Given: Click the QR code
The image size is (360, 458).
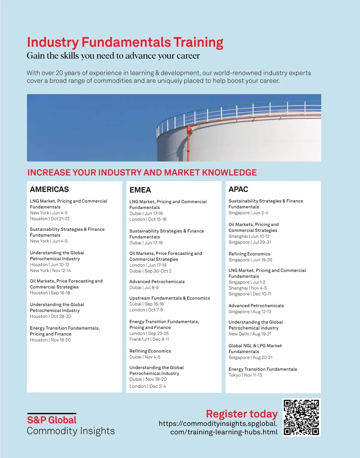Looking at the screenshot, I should [301, 417].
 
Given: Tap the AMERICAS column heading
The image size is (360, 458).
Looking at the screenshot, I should [49, 189].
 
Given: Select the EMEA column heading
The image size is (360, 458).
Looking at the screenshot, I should [140, 190].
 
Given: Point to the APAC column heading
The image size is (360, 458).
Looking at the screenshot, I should [238, 189].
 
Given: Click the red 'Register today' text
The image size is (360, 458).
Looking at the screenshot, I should [241, 414].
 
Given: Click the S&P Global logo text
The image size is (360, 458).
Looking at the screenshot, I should [52, 420].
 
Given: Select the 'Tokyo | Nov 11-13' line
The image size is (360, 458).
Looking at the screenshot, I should [245, 375].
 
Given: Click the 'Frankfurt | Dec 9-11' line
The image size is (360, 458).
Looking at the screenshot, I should [149, 339].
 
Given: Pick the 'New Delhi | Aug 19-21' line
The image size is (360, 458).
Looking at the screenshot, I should [250, 334].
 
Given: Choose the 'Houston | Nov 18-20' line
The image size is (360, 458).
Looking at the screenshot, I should [50, 340].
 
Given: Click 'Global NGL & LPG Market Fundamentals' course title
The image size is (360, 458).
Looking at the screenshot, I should [255, 349].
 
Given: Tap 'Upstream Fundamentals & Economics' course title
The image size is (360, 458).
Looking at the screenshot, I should [169, 298].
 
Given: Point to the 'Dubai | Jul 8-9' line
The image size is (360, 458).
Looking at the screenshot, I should [144, 287].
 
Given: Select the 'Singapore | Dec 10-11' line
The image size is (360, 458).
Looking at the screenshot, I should [250, 294].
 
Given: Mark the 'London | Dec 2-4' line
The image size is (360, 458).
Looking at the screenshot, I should [148, 386].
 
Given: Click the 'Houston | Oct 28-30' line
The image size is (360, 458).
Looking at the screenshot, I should [50, 316].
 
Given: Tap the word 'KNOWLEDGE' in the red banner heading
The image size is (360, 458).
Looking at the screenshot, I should [229, 172].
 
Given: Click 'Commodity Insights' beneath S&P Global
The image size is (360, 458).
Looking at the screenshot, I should [71, 431].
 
